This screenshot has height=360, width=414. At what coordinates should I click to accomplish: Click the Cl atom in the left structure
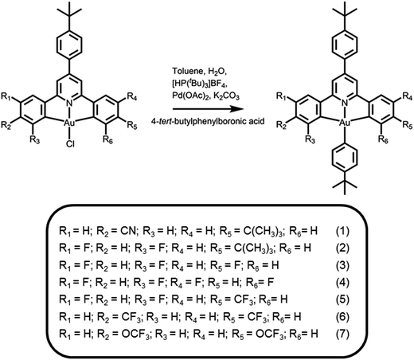[70, 144]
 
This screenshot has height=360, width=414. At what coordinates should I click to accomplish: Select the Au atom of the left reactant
[69, 123]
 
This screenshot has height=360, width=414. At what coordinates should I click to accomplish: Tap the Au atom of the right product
[345, 123]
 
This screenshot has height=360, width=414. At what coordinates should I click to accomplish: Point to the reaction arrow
[209, 109]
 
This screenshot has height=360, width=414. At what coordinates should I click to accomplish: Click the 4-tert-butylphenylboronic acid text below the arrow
[208, 121]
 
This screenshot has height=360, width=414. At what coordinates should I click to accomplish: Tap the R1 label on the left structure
[6, 96]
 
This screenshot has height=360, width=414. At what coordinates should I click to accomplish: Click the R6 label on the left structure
[107, 139]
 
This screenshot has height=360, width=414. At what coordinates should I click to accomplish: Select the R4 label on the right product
[408, 96]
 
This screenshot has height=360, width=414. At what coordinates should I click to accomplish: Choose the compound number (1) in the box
[342, 231]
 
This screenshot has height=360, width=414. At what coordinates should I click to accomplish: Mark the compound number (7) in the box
[342, 334]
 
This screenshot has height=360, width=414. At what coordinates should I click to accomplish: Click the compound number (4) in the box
[342, 282]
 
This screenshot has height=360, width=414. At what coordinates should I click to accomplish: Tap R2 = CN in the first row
[118, 231]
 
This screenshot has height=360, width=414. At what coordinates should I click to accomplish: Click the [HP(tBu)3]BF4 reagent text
[200, 84]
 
